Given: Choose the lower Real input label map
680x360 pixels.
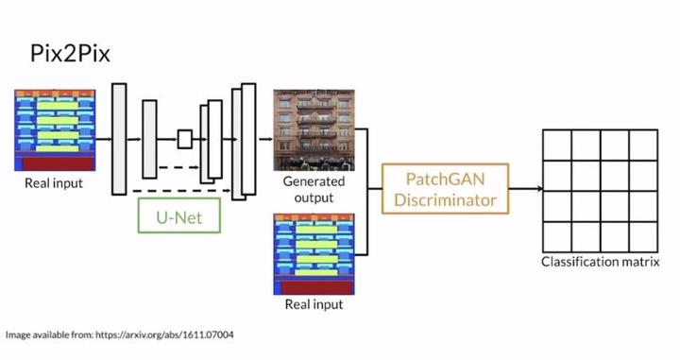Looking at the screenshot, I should (314, 254).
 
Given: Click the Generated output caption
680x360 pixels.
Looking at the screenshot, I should (314, 189).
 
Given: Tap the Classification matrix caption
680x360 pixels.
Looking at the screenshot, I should (599, 262).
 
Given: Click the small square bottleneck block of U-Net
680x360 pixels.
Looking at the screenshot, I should (184, 139).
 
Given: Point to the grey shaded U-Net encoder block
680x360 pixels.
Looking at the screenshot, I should (149, 139).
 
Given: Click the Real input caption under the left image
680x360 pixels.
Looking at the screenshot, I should (54, 182).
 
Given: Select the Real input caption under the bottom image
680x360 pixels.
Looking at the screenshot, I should (314, 305).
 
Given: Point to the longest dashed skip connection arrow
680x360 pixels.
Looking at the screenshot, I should (184, 190).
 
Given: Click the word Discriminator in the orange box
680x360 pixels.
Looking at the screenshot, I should (445, 199).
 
